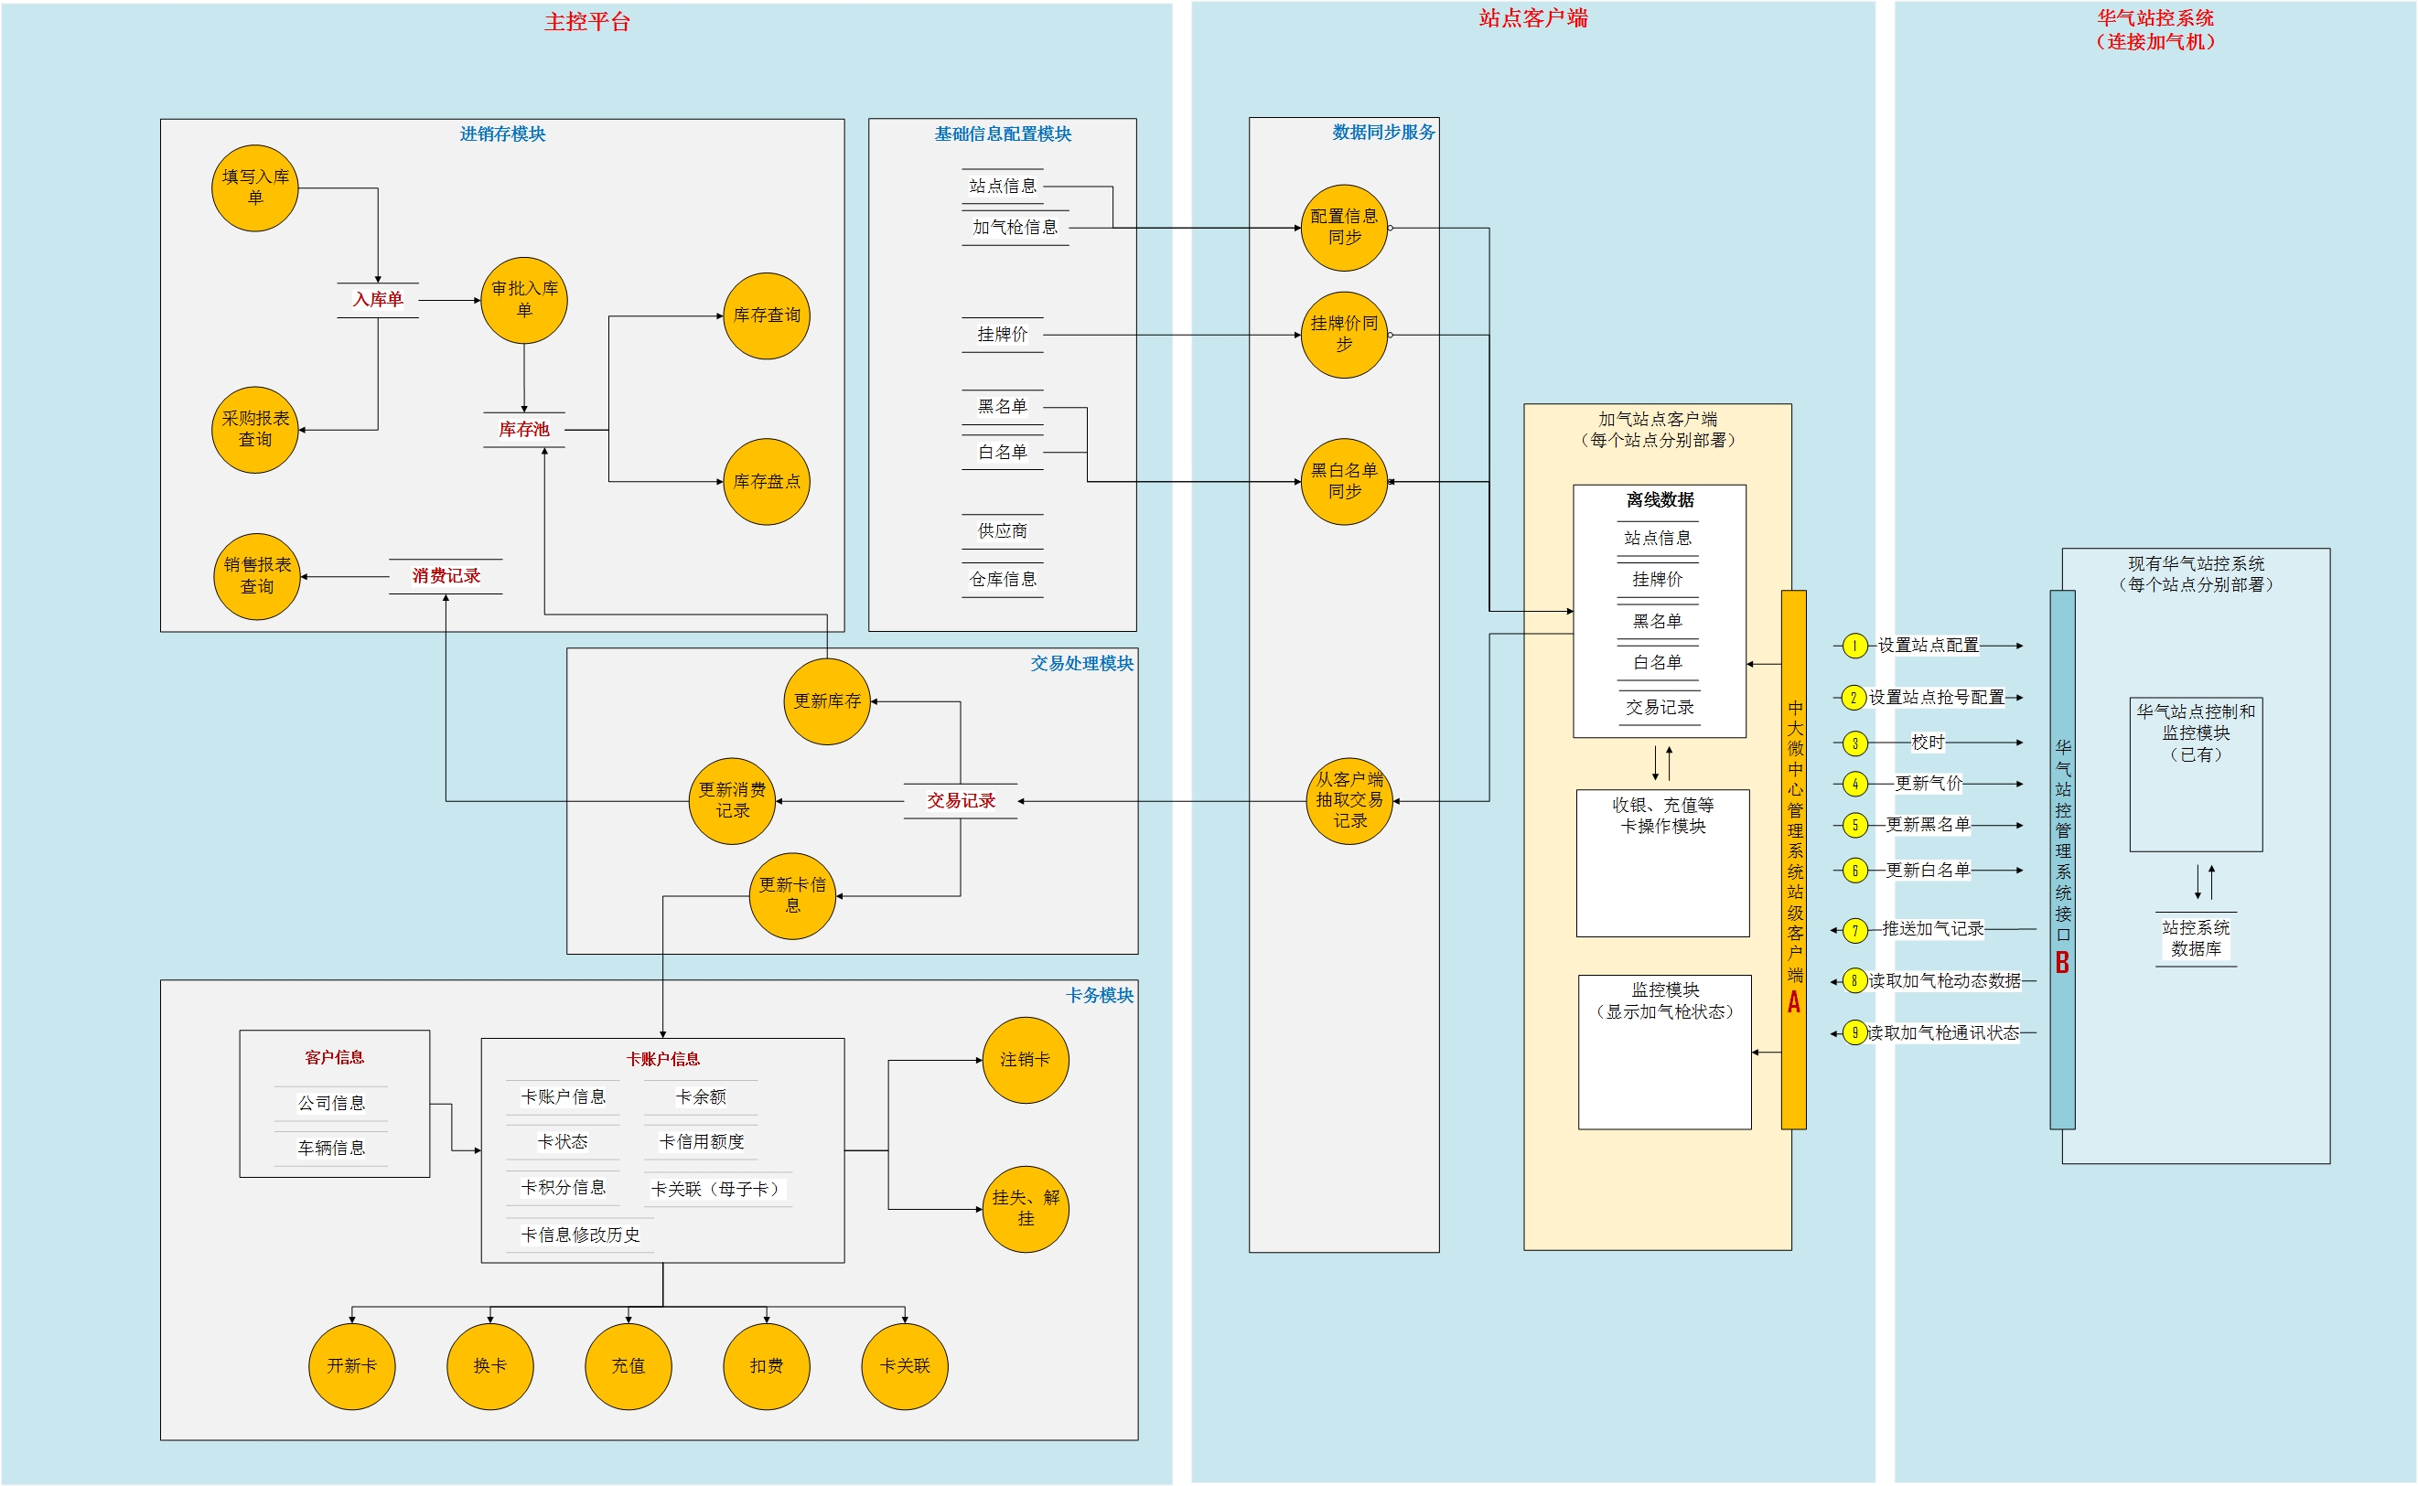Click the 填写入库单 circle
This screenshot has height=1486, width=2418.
coord(254,187)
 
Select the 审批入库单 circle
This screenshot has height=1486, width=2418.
coord(524,300)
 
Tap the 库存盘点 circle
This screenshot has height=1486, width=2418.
coord(767,482)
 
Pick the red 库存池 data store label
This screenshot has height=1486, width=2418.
coord(524,430)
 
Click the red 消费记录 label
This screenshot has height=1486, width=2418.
coord(446,576)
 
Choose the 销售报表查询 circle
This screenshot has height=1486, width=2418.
coord(256,576)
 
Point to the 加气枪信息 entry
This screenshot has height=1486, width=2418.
coord(1016,227)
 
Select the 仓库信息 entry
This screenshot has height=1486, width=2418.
coord(1003,579)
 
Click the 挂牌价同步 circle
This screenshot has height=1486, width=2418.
coord(1344,334)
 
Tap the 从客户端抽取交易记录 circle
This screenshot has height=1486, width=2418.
coord(1349,800)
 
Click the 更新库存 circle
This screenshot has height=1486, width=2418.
coord(827,700)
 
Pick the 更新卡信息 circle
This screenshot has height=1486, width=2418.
coord(792,895)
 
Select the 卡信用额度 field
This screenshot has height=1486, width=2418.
coord(701,1142)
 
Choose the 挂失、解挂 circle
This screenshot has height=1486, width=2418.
coord(1026,1208)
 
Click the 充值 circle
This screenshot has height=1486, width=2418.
coord(629,1366)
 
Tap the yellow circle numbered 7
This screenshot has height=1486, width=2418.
coord(1854,930)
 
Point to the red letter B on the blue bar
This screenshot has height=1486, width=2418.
coord(2062,962)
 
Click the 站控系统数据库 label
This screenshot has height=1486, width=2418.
coord(2196,938)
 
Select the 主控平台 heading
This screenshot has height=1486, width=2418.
coord(586,22)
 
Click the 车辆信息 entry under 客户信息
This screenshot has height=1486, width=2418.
coord(331,1148)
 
